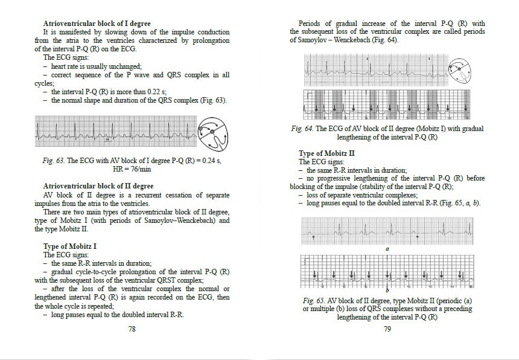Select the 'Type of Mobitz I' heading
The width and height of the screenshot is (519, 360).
click(x=70, y=246)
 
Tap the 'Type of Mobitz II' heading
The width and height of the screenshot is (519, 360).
click(x=326, y=154)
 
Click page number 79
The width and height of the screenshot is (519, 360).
click(x=387, y=329)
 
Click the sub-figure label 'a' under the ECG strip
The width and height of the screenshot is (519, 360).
click(x=387, y=248)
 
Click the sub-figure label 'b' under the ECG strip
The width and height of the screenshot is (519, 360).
click(x=387, y=291)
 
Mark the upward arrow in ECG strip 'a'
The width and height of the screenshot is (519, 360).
click(x=314, y=238)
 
